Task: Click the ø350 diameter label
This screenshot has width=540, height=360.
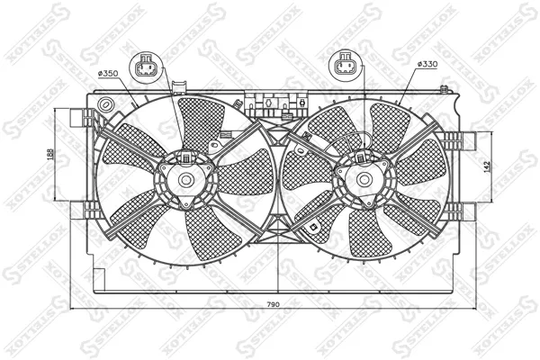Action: (x=108, y=74)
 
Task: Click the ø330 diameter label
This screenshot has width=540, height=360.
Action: (x=427, y=64)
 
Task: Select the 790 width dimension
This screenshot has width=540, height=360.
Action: (x=273, y=304)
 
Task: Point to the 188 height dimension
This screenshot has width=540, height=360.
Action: (x=50, y=154)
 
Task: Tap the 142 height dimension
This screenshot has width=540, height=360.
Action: (x=487, y=167)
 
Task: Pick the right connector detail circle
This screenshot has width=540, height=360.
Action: (x=345, y=65)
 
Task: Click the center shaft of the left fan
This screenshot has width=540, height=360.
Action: (x=186, y=179)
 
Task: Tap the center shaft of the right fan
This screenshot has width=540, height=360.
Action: (x=364, y=179)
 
